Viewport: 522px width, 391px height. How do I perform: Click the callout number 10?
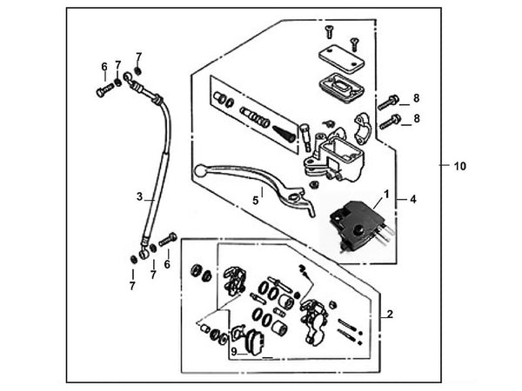click(460, 165)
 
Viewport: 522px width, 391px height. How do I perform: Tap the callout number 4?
click(413, 199)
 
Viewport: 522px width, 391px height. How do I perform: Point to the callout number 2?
click(390, 314)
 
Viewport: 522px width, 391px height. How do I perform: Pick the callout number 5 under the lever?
click(256, 200)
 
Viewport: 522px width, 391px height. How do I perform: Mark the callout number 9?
click(233, 352)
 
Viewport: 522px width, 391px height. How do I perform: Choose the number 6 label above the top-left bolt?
click(104, 66)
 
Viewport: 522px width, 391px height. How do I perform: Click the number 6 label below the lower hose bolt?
click(167, 264)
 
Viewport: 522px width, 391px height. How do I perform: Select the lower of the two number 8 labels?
click(416, 117)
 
